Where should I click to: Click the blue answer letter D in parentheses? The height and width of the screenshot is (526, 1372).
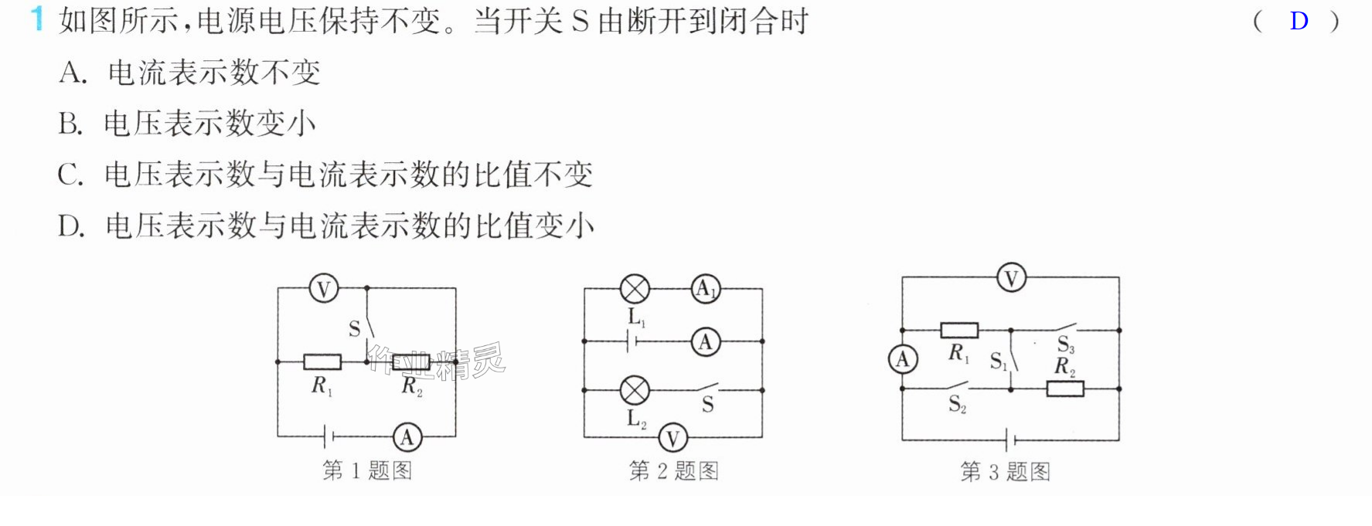coord(1299,21)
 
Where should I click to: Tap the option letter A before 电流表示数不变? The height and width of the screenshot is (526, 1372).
coord(73,73)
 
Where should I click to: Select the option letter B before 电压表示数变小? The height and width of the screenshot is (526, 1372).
coord(70,124)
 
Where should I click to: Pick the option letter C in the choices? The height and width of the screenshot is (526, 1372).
coord(70,175)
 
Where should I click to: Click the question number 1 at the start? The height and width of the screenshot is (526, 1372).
coord(36,19)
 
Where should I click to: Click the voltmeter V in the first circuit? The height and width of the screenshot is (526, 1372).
coord(324,289)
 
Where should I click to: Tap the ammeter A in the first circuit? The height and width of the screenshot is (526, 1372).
coord(407,437)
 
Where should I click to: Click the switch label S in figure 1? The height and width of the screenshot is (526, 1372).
coord(354,329)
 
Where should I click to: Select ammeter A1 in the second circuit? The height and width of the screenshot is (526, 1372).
coord(705,289)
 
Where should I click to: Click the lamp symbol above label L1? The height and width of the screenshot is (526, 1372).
coord(635,289)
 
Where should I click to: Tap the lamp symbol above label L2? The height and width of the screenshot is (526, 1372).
coord(635,390)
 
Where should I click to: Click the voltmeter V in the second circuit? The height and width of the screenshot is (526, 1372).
coord(672,438)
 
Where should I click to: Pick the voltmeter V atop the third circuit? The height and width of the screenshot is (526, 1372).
coord(1011,277)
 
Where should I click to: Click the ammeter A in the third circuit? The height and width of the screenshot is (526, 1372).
coord(902,359)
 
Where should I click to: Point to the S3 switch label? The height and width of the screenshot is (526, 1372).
coord(1066,344)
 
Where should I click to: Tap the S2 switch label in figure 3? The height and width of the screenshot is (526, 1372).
coord(957,404)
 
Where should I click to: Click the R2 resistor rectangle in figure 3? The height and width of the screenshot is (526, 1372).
coord(1065,389)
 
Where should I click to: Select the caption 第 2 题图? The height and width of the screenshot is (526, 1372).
coord(673,470)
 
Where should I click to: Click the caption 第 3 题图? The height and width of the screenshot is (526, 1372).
coord(1005,471)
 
